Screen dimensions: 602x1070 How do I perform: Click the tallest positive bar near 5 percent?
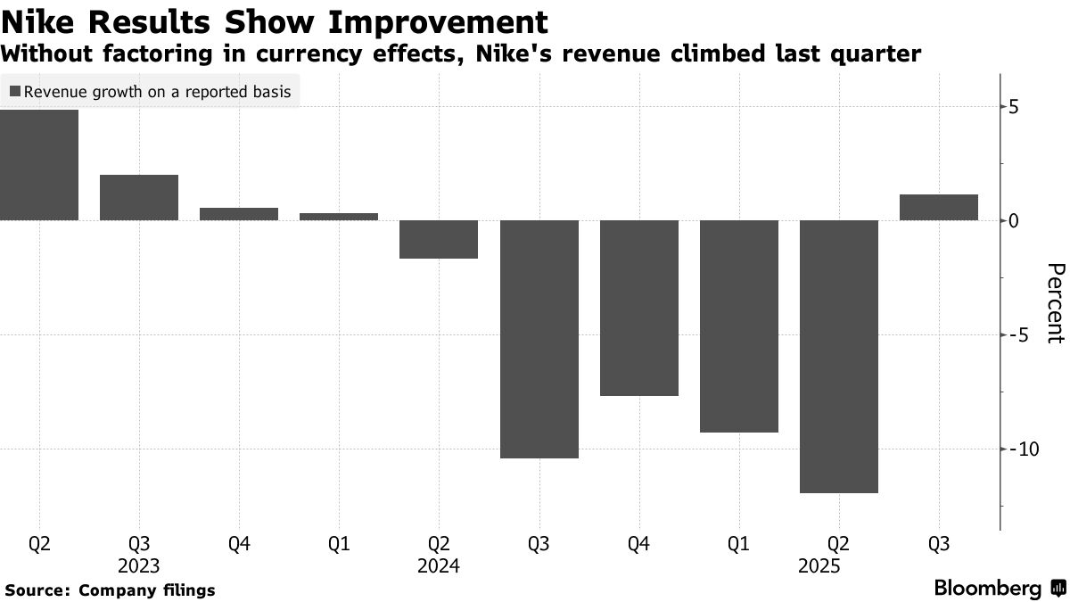(x=39, y=165)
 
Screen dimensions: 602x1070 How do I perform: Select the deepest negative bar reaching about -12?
(x=839, y=356)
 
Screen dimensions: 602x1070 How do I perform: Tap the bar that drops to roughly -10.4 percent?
(x=539, y=339)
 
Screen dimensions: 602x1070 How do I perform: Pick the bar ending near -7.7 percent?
(x=639, y=308)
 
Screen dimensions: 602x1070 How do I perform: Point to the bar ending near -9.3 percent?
(x=739, y=326)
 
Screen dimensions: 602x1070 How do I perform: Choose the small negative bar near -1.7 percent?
(x=440, y=239)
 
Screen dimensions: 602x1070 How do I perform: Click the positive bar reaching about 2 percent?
(x=139, y=197)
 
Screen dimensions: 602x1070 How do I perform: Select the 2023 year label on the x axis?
(x=139, y=566)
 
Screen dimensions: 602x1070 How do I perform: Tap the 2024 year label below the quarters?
(x=439, y=566)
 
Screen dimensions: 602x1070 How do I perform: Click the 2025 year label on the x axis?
(x=839, y=566)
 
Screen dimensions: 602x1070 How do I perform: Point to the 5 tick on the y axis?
(x=1013, y=107)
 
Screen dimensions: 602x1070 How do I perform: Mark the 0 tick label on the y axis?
(x=1013, y=220)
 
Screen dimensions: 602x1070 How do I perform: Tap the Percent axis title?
(x=1055, y=303)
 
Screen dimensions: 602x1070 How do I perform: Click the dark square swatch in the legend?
(x=15, y=92)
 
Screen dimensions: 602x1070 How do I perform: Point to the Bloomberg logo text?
(x=987, y=589)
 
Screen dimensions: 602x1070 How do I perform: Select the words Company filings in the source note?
(x=147, y=590)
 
